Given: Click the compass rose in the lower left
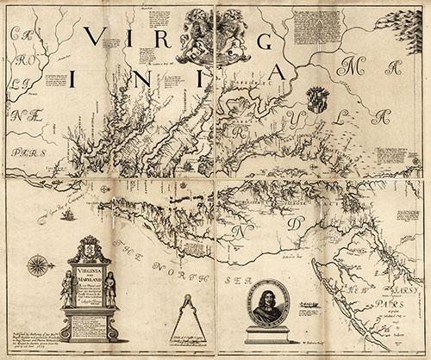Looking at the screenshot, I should (x=37, y=266).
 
